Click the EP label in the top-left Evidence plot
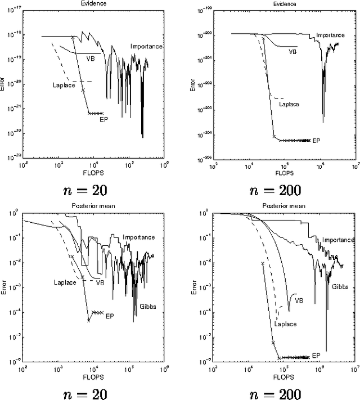pyautogui.click(x=103, y=119)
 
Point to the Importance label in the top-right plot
pyautogui.click(x=330, y=35)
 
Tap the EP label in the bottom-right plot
pyautogui.click(x=316, y=356)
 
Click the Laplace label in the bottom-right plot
pyautogui.click(x=286, y=324)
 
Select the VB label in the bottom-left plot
pyautogui.click(x=101, y=282)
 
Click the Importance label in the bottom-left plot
pyautogui.click(x=139, y=237)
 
